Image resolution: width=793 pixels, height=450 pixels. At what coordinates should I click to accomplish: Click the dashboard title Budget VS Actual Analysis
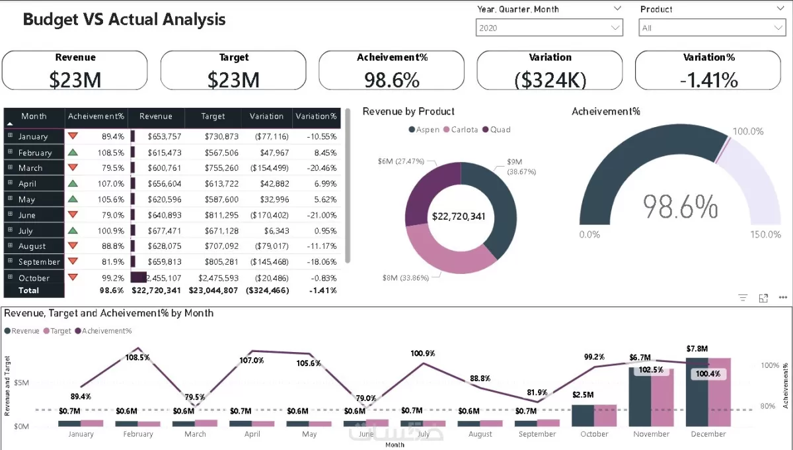(124, 19)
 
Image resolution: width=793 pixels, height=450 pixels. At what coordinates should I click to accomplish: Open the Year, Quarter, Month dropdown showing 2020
(548, 28)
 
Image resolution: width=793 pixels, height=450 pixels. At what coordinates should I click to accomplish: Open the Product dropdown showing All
(711, 28)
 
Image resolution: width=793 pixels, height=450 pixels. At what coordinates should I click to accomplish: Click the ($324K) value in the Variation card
(550, 80)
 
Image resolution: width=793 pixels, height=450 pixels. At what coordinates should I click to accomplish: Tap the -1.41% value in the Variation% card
(708, 80)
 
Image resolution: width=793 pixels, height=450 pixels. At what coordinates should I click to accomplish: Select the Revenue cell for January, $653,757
(156, 136)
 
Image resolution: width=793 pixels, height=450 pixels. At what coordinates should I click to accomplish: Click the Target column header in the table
(213, 116)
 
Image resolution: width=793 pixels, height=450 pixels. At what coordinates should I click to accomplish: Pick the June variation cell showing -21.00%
(317, 215)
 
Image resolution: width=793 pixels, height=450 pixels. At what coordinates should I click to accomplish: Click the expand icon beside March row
(10, 167)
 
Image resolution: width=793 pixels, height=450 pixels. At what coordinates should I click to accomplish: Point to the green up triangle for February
(73, 152)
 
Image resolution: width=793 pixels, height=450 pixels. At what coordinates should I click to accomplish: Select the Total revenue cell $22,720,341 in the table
(156, 291)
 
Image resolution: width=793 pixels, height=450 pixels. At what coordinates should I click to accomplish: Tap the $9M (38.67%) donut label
(521, 166)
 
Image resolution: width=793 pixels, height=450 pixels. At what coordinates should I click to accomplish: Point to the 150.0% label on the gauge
(765, 234)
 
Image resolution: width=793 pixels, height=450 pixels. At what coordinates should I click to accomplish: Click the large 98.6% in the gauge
(681, 207)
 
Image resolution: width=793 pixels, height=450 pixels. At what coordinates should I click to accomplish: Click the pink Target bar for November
(662, 397)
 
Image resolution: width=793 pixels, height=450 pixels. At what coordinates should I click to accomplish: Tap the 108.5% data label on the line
(138, 357)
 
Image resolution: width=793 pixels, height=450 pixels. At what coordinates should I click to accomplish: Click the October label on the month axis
(594, 434)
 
